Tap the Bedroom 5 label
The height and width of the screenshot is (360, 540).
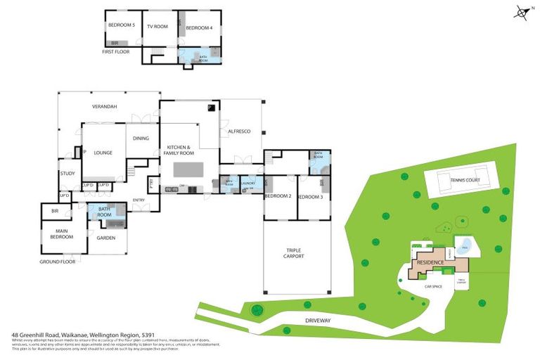(121, 25)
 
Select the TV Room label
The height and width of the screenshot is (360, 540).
(157, 26)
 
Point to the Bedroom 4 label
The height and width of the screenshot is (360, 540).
(198, 27)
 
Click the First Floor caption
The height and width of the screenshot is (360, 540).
(117, 52)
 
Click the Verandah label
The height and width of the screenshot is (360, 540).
(104, 106)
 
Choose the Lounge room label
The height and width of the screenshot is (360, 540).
(103, 151)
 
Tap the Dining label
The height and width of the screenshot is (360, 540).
(141, 138)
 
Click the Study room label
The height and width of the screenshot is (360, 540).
(67, 173)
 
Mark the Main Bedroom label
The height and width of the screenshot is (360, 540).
(61, 233)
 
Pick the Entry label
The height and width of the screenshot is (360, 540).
(139, 200)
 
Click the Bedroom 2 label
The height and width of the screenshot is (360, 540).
(278, 196)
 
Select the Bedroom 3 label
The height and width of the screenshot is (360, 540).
(310, 197)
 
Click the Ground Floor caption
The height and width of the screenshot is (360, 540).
(58, 262)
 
